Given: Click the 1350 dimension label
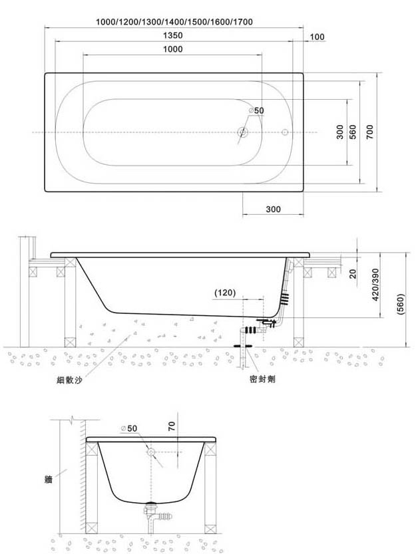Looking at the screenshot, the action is [172, 35].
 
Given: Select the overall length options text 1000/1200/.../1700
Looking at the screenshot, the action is [174, 22].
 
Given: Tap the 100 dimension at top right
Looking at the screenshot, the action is [317, 37].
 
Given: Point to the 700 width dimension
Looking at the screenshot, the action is [370, 132].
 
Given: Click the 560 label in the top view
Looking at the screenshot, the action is [353, 132].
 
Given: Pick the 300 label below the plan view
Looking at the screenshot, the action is [274, 209].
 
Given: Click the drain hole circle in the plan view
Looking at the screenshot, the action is [242, 132].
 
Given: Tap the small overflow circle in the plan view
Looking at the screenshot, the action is [286, 132].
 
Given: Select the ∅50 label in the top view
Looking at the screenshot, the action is [256, 110].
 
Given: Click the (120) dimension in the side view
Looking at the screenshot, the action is [225, 293].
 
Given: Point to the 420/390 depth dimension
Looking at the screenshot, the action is [375, 285].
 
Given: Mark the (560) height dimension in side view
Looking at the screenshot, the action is [401, 304].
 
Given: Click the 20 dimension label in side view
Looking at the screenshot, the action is [353, 274].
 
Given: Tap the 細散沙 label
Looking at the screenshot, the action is [70, 380].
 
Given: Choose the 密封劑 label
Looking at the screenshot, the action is [262, 380].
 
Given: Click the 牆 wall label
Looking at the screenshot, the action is [49, 479].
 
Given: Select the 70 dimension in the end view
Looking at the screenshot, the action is [172, 426].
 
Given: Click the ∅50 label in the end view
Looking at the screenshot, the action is [128, 428].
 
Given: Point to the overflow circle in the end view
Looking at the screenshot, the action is [151, 452].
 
